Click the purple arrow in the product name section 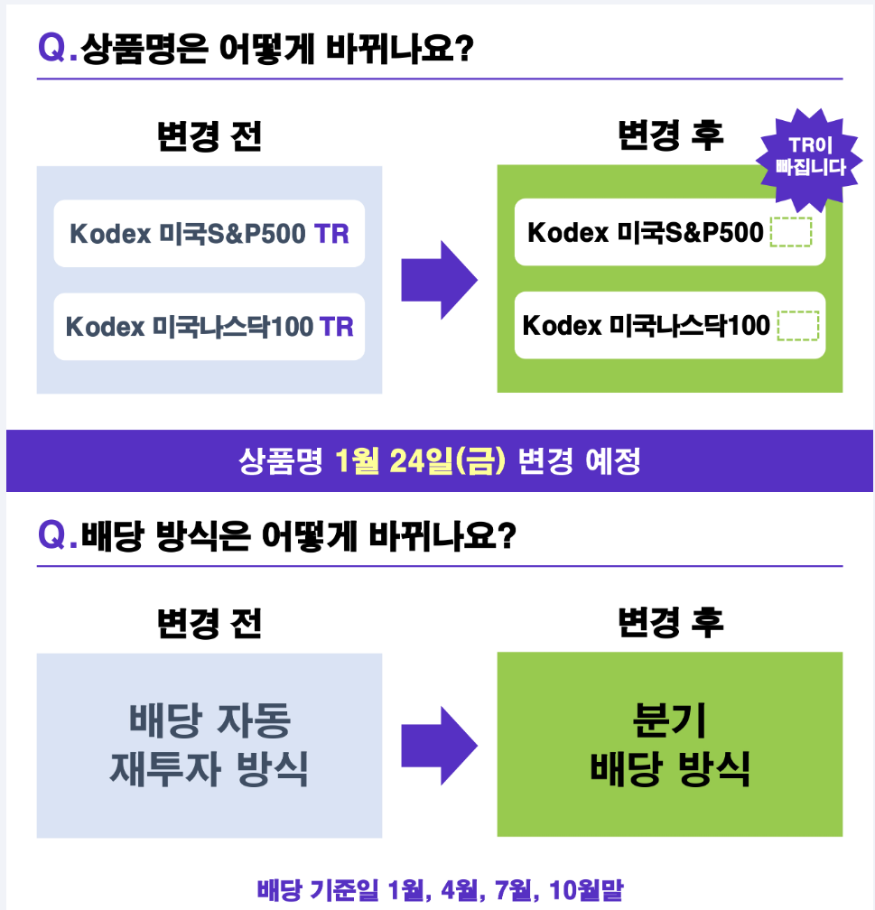(x=438, y=280)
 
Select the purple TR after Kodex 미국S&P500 (x=331, y=234)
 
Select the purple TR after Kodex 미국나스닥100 (x=336, y=326)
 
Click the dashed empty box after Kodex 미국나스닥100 (x=797, y=325)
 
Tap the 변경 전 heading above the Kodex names (x=209, y=136)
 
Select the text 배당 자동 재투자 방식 (x=209, y=745)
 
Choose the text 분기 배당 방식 (x=670, y=745)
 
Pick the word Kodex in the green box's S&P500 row (x=568, y=233)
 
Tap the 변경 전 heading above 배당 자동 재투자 (x=209, y=623)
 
